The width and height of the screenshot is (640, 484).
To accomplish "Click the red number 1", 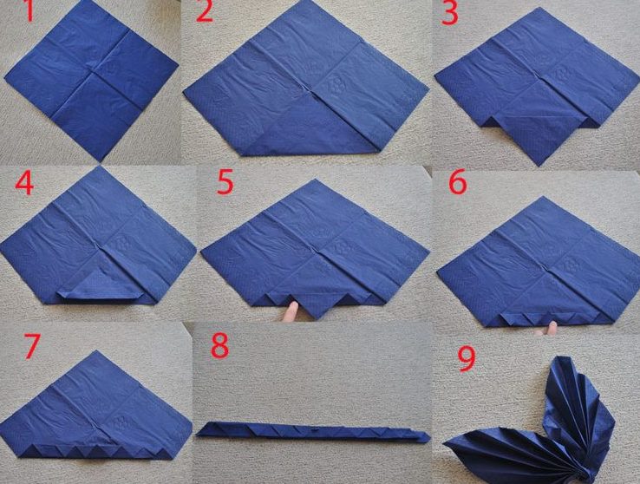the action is pyautogui.click(x=29, y=11).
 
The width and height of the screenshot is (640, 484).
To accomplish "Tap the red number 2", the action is pyautogui.click(x=205, y=11).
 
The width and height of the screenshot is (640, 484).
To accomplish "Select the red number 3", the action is pyautogui.click(x=450, y=13).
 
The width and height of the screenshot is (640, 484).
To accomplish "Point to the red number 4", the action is pyautogui.click(x=24, y=183).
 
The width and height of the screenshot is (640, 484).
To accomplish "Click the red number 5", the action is pyautogui.click(x=225, y=182).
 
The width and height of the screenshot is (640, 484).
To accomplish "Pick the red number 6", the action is pyautogui.click(x=458, y=182).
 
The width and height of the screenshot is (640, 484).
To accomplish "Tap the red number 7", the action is pyautogui.click(x=32, y=346).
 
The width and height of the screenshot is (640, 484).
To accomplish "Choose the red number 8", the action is pyautogui.click(x=219, y=346).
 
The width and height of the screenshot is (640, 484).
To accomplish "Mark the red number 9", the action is pyautogui.click(x=467, y=359).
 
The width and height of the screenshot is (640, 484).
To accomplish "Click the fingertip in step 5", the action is pyautogui.click(x=291, y=311).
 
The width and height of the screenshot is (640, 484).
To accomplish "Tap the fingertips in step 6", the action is pyautogui.click(x=547, y=329).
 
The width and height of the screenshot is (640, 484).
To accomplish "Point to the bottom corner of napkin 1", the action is pyautogui.click(x=100, y=160).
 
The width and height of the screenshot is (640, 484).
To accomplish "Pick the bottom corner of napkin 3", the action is pyautogui.click(x=539, y=166).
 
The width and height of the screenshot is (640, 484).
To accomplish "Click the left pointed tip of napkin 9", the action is pyautogui.click(x=445, y=443).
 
